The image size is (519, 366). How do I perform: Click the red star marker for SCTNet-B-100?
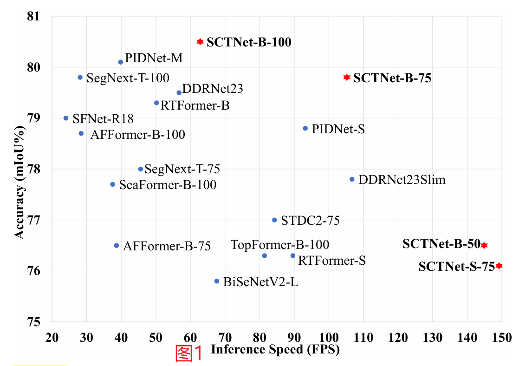200,42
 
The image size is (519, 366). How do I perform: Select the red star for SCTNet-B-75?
346,77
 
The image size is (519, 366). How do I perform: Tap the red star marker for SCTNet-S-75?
499,266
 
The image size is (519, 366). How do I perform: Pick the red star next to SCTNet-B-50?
484,245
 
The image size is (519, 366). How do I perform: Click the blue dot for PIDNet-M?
121,62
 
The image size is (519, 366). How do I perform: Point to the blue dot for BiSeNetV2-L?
217,281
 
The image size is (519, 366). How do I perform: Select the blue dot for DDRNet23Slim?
352,179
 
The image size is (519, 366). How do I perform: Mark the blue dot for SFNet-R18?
66,118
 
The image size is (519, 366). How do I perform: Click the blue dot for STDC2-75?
274,220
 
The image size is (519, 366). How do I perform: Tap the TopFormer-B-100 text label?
280,244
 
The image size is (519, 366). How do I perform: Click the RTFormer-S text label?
331,261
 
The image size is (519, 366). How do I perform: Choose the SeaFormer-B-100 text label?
168,185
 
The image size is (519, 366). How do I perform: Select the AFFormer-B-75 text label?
167,246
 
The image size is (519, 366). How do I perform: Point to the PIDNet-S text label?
338,129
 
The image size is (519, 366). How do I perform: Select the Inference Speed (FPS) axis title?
275,349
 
